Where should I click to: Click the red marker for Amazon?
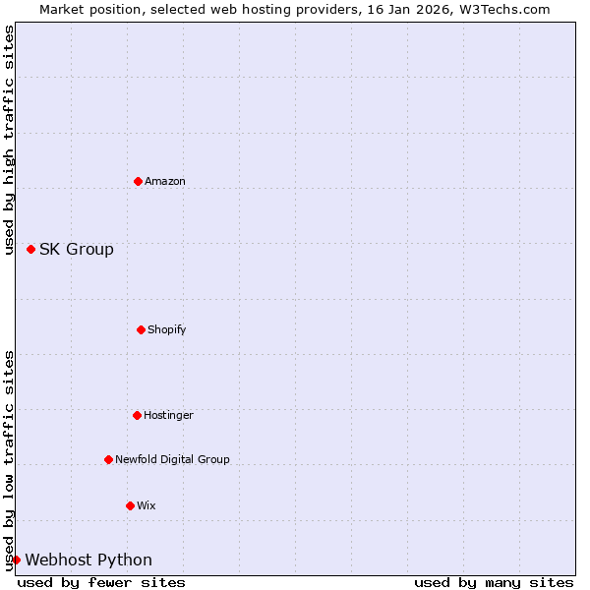pos(138,181)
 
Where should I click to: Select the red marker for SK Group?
pos(30,249)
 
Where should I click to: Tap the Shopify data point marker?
pos(141,329)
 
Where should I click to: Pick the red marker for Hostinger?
pos(137,415)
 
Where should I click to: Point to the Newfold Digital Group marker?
pos(108,459)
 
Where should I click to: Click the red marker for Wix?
pos(130,505)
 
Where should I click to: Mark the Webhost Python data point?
pos(16,560)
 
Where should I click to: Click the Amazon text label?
pos(165,181)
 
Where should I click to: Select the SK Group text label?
pos(77,249)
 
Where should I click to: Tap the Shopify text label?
pos(167,329)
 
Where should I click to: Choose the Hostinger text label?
pos(168,415)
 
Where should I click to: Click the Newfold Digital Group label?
pos(172,459)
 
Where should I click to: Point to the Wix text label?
pos(147,505)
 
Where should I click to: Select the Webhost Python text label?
pos(88,560)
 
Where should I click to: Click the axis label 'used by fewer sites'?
pos(101,582)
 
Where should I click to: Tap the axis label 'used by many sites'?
pos(494,582)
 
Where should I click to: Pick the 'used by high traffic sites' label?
pos(9,143)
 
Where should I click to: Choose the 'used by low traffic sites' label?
pos(9,460)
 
